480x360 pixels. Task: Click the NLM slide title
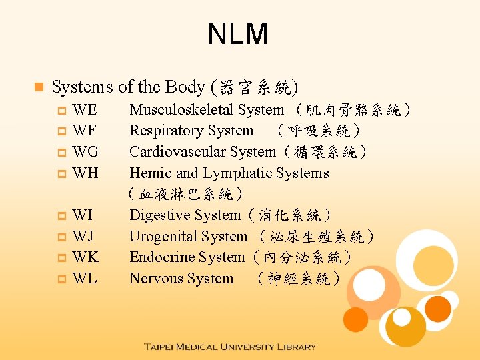pos(238,34)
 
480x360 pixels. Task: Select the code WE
pos(85,110)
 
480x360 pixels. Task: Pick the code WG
pos(85,152)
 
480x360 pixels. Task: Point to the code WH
pos(85,173)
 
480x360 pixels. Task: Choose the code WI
pos(83,215)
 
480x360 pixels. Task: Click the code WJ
pos(83,237)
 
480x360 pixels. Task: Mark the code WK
pos(85,257)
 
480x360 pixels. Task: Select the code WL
pos(85,279)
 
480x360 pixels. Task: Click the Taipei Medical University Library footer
pos(229,347)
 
